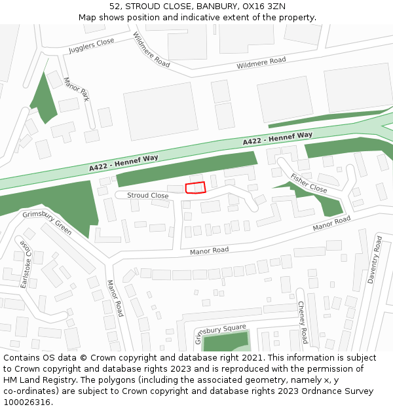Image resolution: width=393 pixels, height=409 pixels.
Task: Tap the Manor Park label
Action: [x=76, y=89]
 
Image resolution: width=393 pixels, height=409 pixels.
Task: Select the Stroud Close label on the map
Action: [x=147, y=195]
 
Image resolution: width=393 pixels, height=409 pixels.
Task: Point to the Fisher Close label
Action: [x=309, y=183]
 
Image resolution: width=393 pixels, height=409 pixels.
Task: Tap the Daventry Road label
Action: [x=374, y=259]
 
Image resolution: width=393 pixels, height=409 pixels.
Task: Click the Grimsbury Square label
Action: [x=220, y=332]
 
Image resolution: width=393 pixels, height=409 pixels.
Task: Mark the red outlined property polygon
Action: [x=195, y=188]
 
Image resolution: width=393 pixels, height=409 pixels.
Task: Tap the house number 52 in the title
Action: [x=115, y=7]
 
